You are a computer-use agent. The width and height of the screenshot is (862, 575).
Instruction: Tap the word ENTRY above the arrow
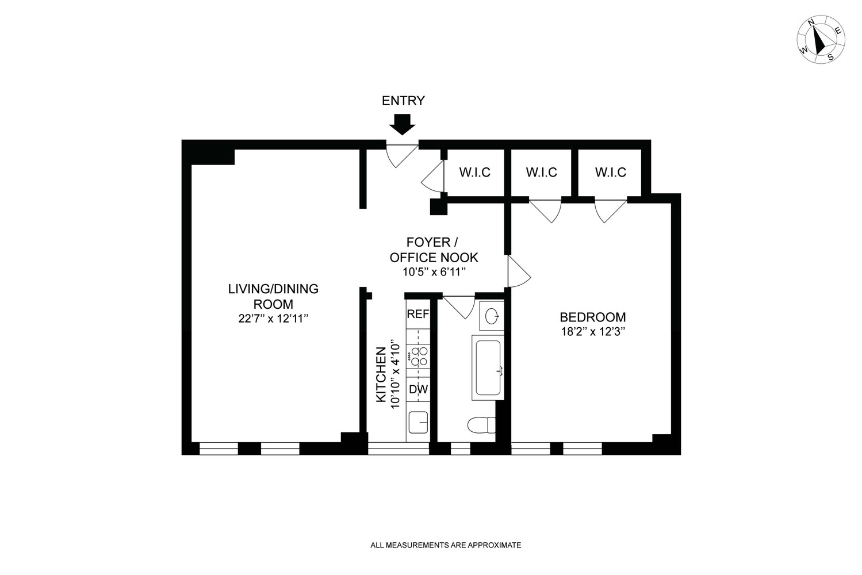[x=403, y=101]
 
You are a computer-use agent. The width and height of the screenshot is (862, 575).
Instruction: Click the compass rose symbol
[x=821, y=40]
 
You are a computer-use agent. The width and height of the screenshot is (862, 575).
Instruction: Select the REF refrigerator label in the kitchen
[x=418, y=314]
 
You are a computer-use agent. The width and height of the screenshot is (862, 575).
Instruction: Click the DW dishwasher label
[x=418, y=389]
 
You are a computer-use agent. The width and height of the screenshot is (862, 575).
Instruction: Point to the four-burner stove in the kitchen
[x=418, y=356]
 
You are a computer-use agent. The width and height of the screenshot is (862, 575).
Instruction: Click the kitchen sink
[x=418, y=423]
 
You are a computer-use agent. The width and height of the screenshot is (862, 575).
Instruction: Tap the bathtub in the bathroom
[x=488, y=368]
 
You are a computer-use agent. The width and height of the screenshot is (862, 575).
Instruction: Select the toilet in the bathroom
[x=482, y=425]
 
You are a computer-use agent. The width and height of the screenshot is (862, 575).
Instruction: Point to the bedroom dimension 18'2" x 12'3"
[x=593, y=332]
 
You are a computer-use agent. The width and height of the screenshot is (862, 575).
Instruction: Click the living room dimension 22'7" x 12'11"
[x=274, y=319]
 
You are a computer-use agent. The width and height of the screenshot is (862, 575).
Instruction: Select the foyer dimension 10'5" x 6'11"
[x=434, y=272]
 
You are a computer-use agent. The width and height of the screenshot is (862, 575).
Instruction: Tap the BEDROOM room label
[x=593, y=317]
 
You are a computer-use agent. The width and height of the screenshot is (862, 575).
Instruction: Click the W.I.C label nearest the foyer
[x=474, y=172]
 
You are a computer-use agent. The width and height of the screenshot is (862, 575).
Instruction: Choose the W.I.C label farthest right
[x=610, y=172]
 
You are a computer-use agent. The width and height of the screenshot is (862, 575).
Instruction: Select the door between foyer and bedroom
[x=517, y=272]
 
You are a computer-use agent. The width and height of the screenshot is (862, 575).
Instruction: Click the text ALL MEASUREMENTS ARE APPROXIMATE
[x=446, y=545]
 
